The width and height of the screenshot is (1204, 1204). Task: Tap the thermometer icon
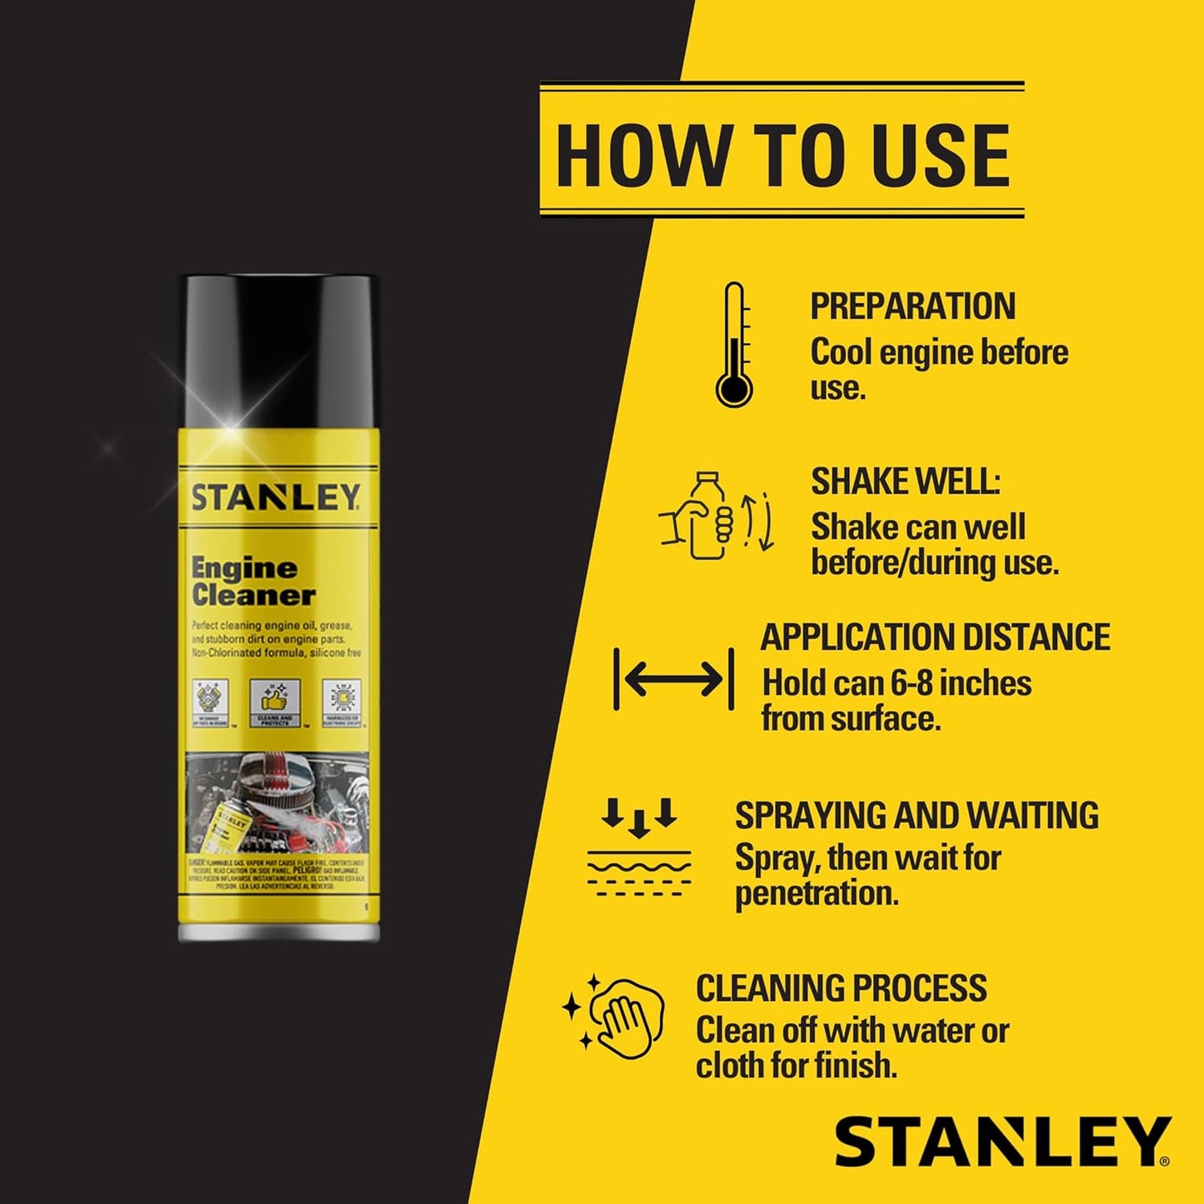pyautogui.click(x=734, y=345)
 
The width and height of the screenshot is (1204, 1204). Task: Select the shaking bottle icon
pyautogui.click(x=717, y=515)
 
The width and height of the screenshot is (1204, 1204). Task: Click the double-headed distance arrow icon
pyautogui.click(x=673, y=679)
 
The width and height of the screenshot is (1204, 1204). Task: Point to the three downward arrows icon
pyautogui.click(x=639, y=817)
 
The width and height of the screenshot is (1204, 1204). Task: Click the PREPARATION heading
pyautogui.click(x=912, y=306)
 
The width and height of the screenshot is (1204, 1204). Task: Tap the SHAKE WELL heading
pyautogui.click(x=905, y=482)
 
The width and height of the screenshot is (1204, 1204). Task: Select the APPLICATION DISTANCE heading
pyautogui.click(x=935, y=637)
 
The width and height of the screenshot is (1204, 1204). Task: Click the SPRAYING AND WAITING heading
pyautogui.click(x=917, y=815)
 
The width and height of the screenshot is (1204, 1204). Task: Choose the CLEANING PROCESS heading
pyautogui.click(x=842, y=988)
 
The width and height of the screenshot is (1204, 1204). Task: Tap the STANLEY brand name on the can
pyautogui.click(x=276, y=497)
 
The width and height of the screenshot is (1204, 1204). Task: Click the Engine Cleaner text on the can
pyautogui.click(x=252, y=582)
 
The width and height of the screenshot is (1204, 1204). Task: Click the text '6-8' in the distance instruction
pyautogui.click(x=917, y=683)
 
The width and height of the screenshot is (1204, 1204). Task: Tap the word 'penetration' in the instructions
pyautogui.click(x=817, y=893)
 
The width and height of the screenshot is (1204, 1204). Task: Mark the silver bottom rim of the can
pyautogui.click(x=279, y=932)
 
